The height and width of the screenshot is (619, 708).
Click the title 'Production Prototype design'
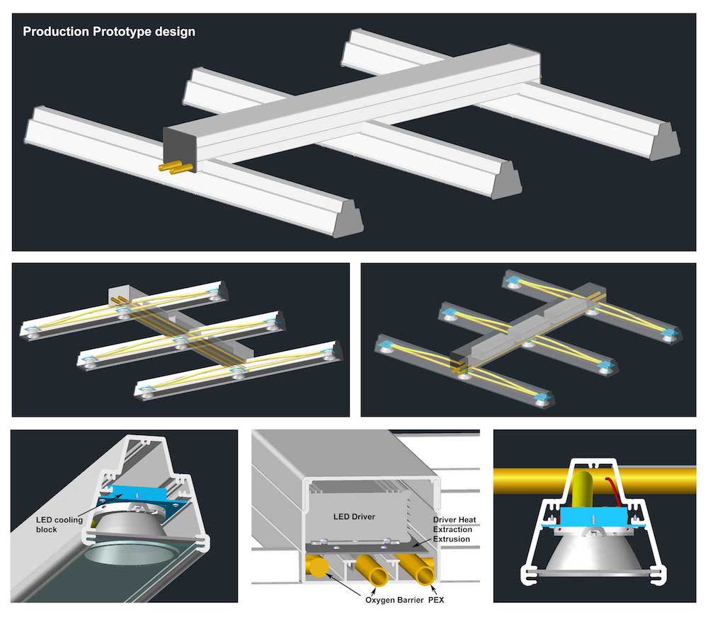(109, 32)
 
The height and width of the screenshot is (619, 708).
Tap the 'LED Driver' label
(354, 516)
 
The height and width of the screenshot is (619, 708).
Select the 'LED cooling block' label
(59, 524)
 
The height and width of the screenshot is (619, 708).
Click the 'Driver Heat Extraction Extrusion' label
(455, 529)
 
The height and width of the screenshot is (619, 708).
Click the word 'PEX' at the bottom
(435, 600)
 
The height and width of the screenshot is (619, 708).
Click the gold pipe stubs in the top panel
(175, 168)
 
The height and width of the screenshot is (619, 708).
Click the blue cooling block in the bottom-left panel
(135, 497)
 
